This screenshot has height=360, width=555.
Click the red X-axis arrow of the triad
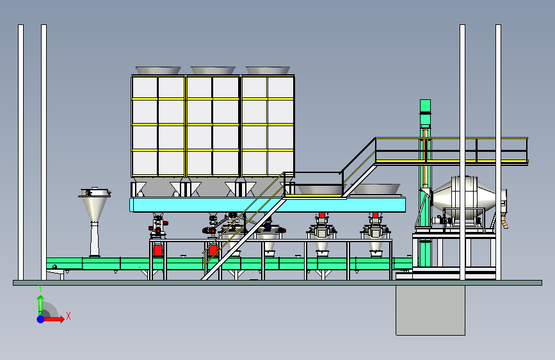(x=53, y=319)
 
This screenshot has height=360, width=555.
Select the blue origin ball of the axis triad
(x=41, y=319)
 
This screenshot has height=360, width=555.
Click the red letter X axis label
(x=68, y=316)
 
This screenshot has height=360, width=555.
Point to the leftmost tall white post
(x=21, y=152)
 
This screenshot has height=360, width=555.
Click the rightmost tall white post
(x=499, y=152)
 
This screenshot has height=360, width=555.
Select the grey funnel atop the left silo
(x=158, y=70)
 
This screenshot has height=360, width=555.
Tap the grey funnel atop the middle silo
(x=213, y=70)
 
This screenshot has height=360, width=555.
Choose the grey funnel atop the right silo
(x=268, y=70)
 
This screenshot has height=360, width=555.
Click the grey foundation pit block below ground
(x=430, y=310)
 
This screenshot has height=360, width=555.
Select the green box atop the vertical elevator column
(x=426, y=106)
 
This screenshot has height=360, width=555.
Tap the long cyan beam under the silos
(x=268, y=205)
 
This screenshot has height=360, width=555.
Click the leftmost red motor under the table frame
(x=158, y=251)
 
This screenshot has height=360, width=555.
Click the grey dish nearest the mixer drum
(x=376, y=189)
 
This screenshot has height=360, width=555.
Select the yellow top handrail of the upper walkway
(x=452, y=138)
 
